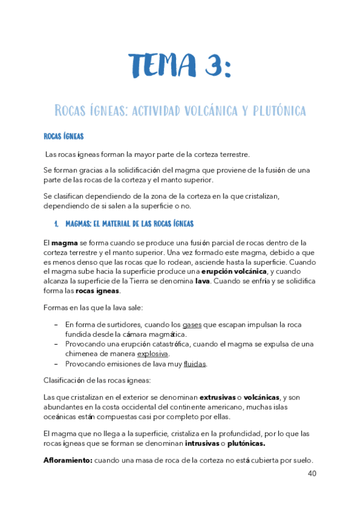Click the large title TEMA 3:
[179, 65]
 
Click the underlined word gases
[191, 325]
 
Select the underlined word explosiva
[153, 354]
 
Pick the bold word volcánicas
[261, 397]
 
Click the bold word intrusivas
[202, 443]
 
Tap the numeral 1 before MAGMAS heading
[56, 224]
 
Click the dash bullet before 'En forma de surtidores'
[55, 325]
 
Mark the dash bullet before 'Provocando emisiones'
[55, 364]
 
